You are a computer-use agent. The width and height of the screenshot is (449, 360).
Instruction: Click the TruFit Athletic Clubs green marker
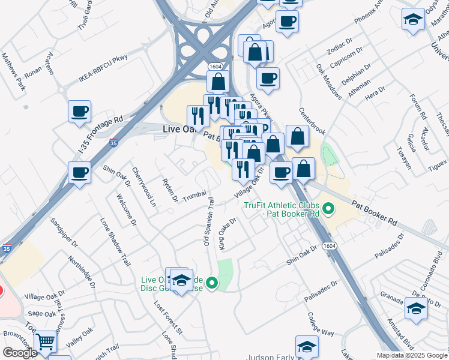(328, 209)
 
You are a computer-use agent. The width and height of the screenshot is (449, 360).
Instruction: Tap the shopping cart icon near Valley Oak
(46, 342)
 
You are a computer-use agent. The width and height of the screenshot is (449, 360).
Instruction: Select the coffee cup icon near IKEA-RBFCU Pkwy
(79, 111)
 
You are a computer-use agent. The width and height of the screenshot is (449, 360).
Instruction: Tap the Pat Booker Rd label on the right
(375, 212)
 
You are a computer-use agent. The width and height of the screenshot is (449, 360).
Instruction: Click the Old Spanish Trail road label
(208, 222)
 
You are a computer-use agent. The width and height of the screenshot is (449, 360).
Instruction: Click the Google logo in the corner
(20, 353)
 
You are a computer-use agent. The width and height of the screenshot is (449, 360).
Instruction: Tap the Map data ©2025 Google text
(412, 355)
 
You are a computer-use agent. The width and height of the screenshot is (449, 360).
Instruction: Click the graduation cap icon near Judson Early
(307, 347)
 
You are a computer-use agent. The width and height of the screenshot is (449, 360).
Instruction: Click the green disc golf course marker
(211, 283)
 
